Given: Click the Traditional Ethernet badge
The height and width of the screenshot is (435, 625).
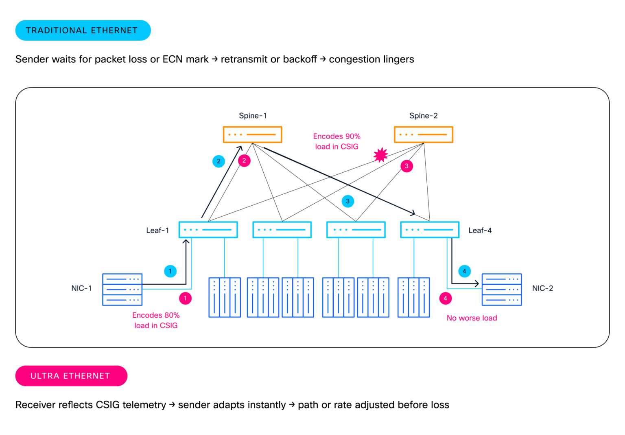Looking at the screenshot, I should click(83, 31).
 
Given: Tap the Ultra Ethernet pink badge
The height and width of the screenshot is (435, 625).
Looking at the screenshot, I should click(71, 376).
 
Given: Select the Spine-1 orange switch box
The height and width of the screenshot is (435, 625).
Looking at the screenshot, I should click(252, 134).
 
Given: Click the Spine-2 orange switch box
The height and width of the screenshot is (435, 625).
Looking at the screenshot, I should click(423, 134).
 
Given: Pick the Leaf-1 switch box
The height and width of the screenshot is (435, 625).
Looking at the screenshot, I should click(208, 230).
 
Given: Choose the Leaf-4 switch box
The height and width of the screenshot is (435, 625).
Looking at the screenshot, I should click(430, 230).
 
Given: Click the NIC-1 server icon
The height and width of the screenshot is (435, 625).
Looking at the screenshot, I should click(122, 290).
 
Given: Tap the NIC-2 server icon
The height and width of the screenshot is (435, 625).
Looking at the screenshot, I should click(501, 290).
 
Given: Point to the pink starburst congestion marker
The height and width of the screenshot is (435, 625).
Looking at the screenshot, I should click(380, 155).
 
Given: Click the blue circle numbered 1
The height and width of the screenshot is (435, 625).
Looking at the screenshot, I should click(170, 271).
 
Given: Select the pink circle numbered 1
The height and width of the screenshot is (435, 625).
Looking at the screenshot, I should click(185, 298).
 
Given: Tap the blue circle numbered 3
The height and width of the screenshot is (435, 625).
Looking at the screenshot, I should click(347, 201).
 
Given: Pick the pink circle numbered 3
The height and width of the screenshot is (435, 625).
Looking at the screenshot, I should click(406, 166).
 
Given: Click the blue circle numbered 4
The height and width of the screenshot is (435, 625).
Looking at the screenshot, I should click(464, 271).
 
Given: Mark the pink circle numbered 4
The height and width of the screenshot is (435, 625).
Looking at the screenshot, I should click(445, 298).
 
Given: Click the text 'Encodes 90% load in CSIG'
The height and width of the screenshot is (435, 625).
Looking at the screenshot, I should click(337, 141).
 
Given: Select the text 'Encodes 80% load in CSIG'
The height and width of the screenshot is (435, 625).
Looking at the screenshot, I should click(156, 320).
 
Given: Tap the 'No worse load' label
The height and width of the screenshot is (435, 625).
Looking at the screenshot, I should click(472, 318).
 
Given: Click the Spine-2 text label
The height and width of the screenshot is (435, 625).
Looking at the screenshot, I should click(423, 116).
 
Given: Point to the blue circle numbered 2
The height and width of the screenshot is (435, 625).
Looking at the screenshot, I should click(219, 161).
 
